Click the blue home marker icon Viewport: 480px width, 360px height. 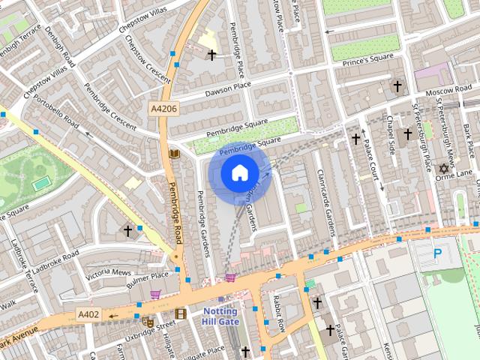[x=239, y=173]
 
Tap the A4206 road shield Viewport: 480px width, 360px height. [x=163, y=109]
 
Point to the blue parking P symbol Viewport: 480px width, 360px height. [x=438, y=255]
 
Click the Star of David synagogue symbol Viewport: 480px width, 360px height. [x=442, y=169]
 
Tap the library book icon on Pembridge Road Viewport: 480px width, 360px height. [x=175, y=154]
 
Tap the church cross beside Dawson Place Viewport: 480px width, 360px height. [x=211, y=55]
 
